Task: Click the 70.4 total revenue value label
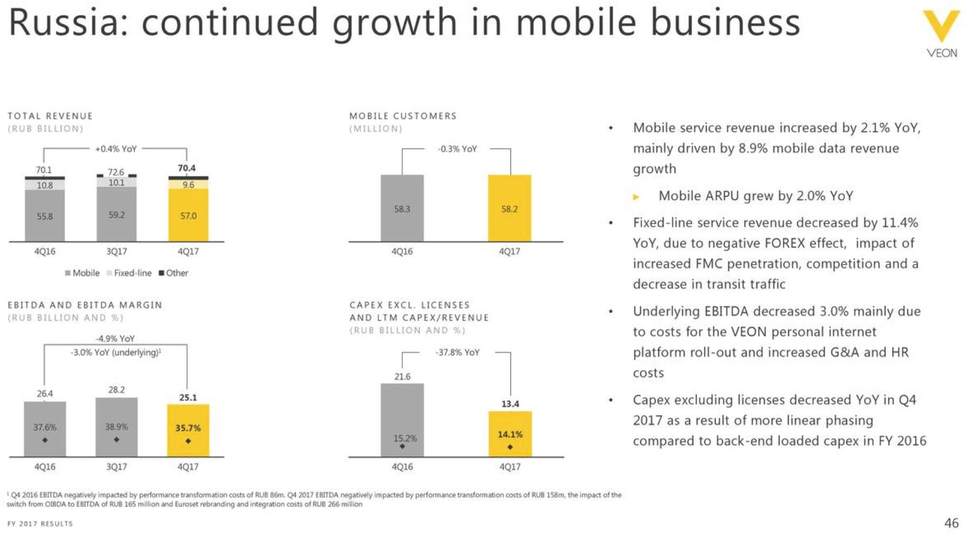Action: point(187,168)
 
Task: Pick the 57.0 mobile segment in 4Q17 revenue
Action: point(188,216)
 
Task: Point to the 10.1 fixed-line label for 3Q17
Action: point(117,182)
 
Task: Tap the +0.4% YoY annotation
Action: point(116,149)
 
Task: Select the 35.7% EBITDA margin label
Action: point(188,428)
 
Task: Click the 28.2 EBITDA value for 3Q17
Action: point(117,390)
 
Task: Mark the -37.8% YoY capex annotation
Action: point(457,353)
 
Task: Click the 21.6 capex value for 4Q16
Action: point(402,376)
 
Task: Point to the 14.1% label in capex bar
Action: point(510,434)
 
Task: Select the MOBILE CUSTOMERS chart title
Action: point(403,116)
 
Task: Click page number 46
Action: point(951,523)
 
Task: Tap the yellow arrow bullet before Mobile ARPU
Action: point(637,197)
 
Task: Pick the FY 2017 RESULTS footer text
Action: point(40,524)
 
